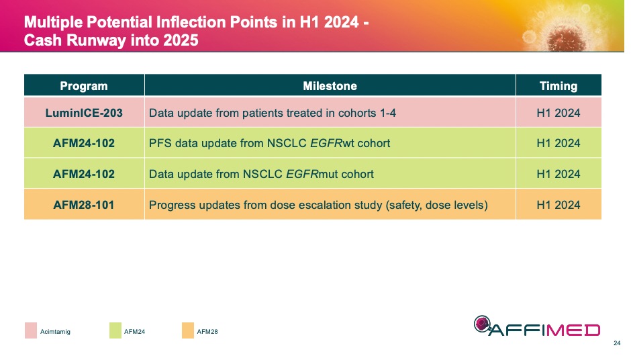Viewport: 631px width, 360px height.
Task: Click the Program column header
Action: click(x=84, y=86)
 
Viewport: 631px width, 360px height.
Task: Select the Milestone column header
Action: click(x=330, y=86)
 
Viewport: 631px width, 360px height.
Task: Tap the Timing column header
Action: click(x=558, y=86)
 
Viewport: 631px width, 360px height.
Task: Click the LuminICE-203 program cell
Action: click(x=84, y=113)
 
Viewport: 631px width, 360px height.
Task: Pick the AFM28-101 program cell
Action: click(x=84, y=205)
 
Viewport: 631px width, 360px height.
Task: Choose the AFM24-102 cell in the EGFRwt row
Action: click(x=84, y=143)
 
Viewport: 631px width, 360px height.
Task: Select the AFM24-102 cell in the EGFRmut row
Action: click(x=84, y=174)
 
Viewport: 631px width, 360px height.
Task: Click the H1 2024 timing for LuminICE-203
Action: click(x=558, y=113)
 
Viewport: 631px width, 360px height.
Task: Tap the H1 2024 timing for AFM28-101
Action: click(x=558, y=205)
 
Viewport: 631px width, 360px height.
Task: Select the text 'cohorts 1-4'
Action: click(x=369, y=113)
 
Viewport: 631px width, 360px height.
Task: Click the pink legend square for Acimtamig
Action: click(x=31, y=330)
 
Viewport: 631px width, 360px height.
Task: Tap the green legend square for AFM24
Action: click(x=115, y=330)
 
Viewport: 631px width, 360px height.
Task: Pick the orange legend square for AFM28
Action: click(x=187, y=330)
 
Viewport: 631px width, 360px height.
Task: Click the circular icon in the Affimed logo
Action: click(x=483, y=324)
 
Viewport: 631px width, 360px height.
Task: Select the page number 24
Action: click(x=617, y=343)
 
